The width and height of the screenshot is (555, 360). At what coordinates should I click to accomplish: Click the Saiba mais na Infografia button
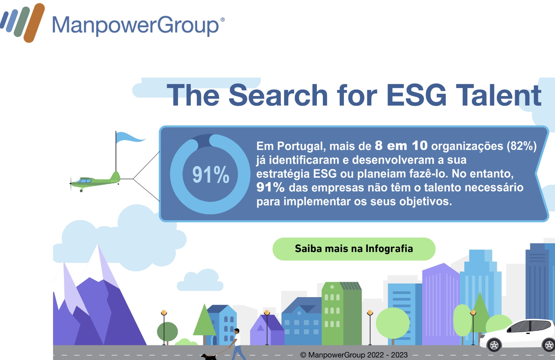click(354, 249)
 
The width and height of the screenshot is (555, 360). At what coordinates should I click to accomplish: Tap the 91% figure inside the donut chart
click(211, 175)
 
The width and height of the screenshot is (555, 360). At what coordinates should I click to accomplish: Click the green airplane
click(95, 182)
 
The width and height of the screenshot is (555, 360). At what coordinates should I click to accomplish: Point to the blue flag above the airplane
click(130, 137)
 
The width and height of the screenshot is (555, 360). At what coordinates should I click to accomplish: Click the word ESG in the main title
click(417, 95)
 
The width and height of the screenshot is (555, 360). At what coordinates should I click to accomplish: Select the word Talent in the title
click(499, 95)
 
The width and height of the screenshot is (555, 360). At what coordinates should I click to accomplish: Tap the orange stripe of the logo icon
click(34, 23)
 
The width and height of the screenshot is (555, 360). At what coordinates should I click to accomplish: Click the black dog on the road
click(208, 357)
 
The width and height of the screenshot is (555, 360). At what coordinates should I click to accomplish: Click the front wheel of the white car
click(494, 345)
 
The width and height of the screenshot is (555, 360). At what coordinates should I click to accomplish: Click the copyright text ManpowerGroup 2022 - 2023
click(354, 355)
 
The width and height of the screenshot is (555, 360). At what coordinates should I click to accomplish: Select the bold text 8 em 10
click(401, 145)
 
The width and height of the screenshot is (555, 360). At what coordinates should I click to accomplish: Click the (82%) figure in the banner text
click(522, 146)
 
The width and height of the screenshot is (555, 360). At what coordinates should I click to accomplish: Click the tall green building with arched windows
click(341, 313)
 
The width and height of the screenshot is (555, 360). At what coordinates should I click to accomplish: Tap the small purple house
click(267, 330)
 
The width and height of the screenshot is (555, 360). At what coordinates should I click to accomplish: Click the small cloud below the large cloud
click(200, 280)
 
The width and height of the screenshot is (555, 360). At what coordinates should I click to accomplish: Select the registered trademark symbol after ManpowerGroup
click(222, 19)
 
